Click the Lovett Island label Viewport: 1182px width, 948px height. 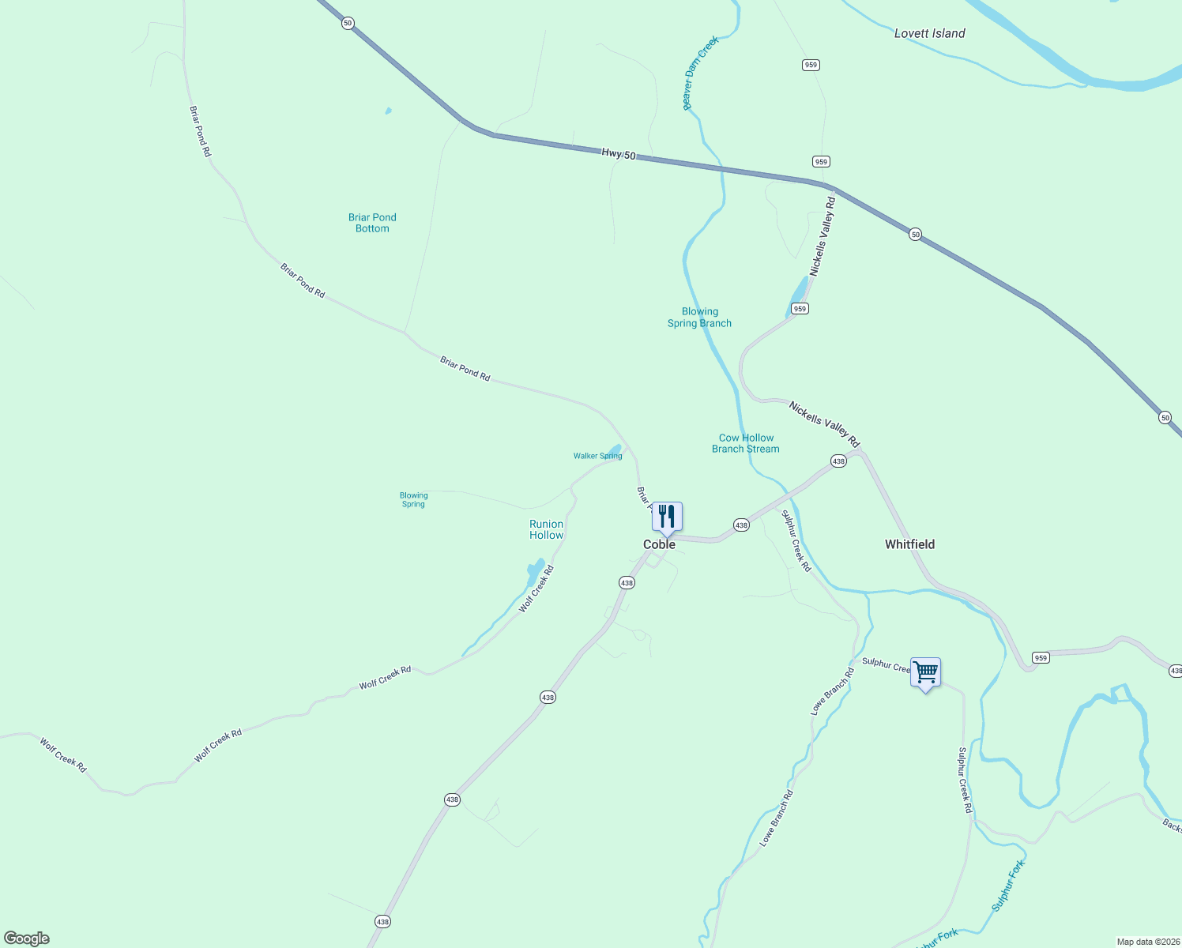[x=929, y=33]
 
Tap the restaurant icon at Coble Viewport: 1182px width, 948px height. [x=667, y=517]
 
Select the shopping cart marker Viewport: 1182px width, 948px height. [x=925, y=672]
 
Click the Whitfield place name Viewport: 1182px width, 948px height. [x=909, y=544]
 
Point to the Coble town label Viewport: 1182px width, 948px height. [x=659, y=544]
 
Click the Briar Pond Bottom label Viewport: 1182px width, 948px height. [x=372, y=223]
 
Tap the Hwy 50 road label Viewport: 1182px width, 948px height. [x=618, y=154]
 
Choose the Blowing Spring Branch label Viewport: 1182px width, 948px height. [x=699, y=317]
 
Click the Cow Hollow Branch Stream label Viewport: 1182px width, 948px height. [x=746, y=443]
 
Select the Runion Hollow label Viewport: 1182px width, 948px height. [x=546, y=529]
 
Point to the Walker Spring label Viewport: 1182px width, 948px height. [x=597, y=456]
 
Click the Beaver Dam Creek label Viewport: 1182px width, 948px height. [x=700, y=73]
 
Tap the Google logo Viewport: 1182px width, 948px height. [x=27, y=939]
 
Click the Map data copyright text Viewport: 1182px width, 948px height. [x=1146, y=942]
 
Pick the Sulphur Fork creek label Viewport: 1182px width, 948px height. [x=1008, y=886]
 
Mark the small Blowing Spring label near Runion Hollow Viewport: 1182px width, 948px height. [x=413, y=499]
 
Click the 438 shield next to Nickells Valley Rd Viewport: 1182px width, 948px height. [x=838, y=461]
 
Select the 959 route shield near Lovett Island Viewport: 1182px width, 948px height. [x=811, y=65]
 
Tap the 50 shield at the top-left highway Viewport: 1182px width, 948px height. [x=348, y=24]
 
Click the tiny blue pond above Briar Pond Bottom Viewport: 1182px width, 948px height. [x=388, y=111]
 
